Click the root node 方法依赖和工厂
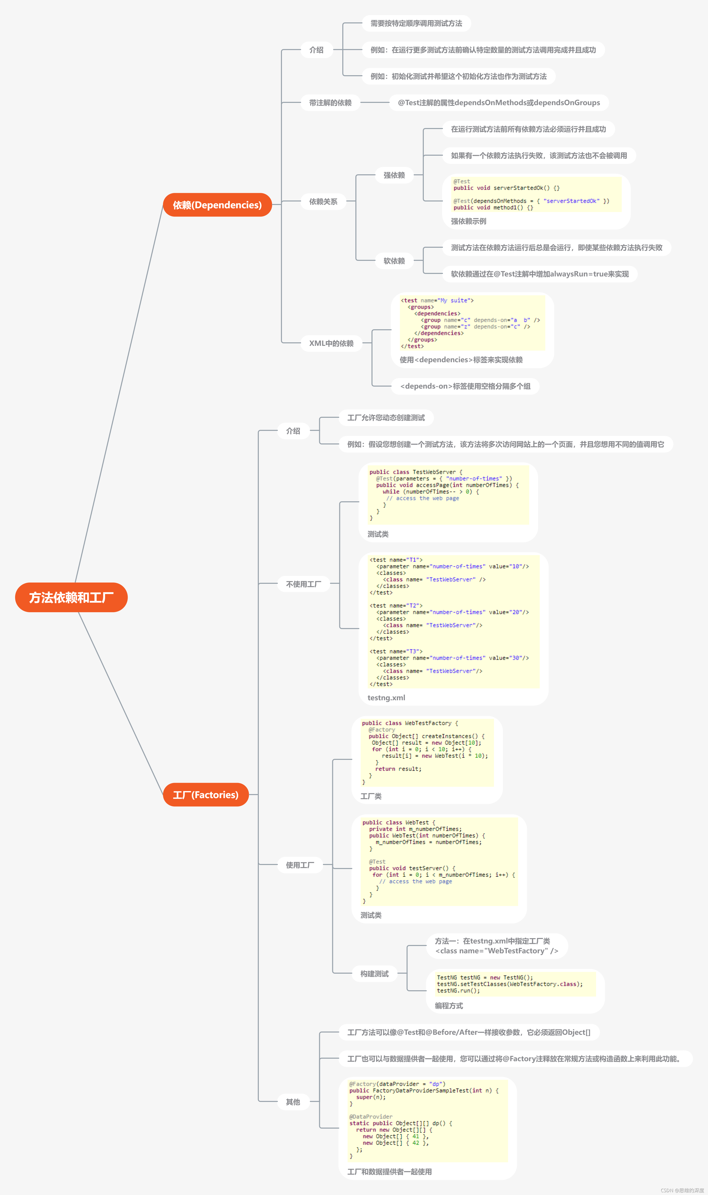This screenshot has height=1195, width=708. coord(71,597)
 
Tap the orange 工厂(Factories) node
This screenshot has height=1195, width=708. coord(206,795)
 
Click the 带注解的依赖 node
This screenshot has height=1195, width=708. coord(330,103)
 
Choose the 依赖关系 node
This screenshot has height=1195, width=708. coord(323,201)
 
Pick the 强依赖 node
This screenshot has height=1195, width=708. coord(394,175)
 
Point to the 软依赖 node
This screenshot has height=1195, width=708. coord(394,261)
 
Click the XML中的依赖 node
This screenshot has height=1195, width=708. coord(331,343)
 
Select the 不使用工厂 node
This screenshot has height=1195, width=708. coord(303,584)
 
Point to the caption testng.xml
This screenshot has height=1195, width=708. coord(386,697)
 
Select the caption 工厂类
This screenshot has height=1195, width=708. coord(371,796)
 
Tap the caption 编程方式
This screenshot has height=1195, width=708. coord(448,1006)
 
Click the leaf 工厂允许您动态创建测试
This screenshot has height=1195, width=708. coord(386,418)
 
